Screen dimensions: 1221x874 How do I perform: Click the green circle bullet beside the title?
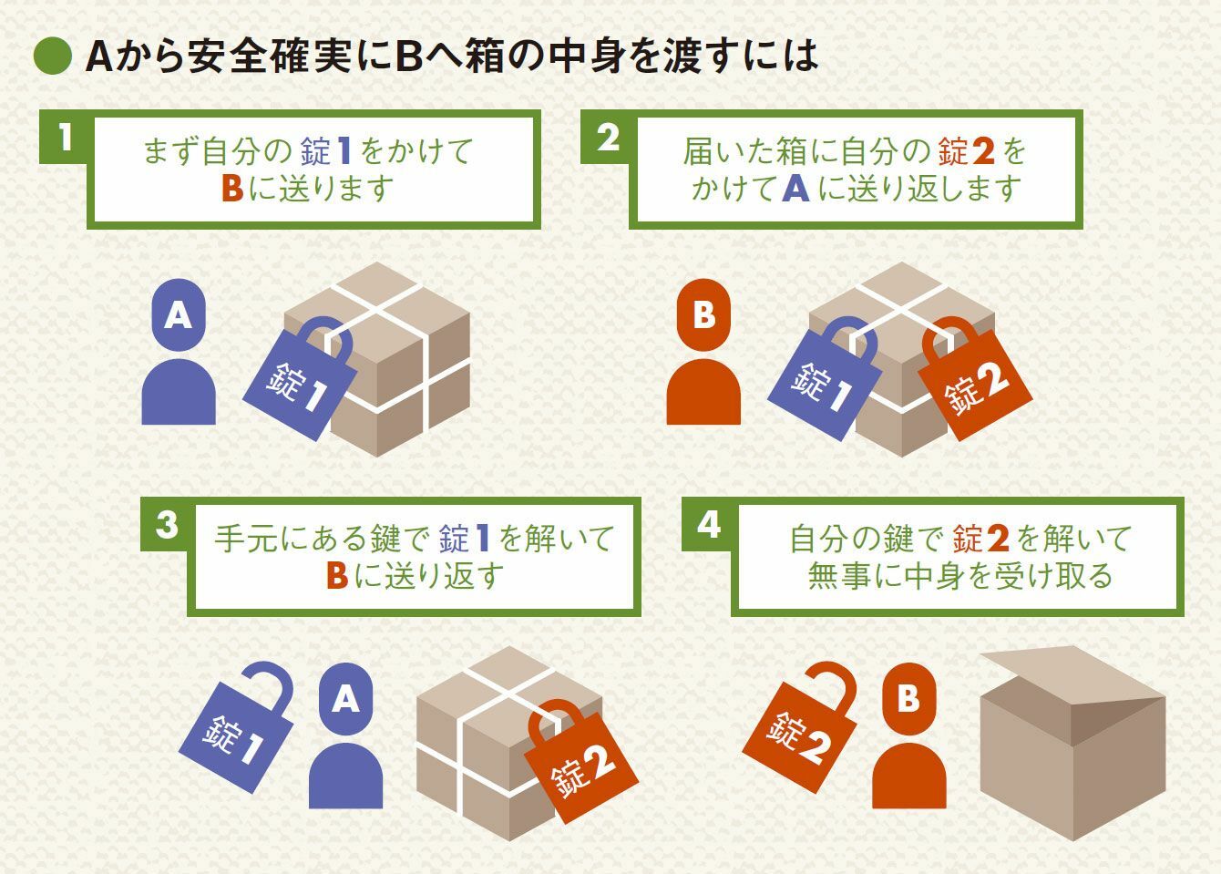point(53,57)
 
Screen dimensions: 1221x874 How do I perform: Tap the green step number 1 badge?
point(66,137)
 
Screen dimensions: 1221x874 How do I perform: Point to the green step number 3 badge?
point(167,525)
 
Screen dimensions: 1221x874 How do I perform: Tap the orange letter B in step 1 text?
point(232,189)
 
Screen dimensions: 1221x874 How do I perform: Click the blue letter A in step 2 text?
point(795,189)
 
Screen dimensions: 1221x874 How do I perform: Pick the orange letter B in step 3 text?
point(337,576)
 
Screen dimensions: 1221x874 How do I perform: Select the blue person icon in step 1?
point(179,352)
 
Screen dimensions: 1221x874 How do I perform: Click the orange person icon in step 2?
point(703,352)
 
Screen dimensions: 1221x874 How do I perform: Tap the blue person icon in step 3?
point(345,735)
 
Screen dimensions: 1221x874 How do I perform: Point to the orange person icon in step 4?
point(909,735)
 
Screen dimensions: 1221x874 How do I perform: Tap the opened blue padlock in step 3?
point(237,728)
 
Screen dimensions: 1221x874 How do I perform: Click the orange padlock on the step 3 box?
point(580,763)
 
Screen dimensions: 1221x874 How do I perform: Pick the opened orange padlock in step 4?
point(800,728)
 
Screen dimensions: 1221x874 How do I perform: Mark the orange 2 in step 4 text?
point(998,539)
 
